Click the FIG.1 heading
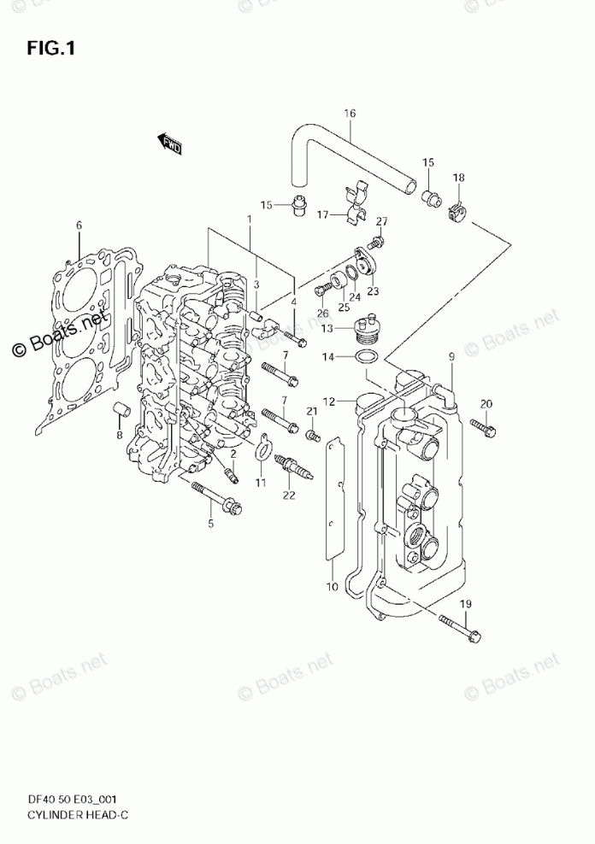[x=51, y=49]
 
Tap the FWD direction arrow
[x=170, y=144]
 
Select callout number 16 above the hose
[x=349, y=114]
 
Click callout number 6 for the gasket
[x=79, y=226]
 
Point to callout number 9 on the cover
[x=450, y=355]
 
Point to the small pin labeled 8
[x=121, y=411]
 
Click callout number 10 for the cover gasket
[x=332, y=587]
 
